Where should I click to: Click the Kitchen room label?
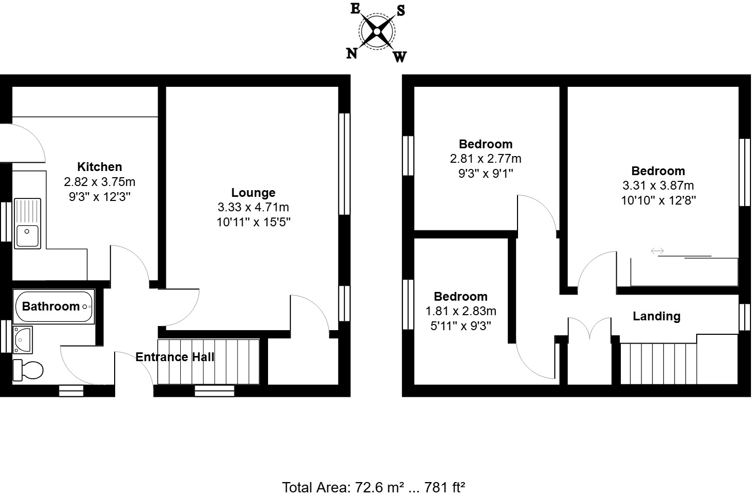pyautogui.click(x=100, y=167)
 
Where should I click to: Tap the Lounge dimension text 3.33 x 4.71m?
pyautogui.click(x=253, y=208)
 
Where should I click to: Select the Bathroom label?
pyautogui.click(x=51, y=306)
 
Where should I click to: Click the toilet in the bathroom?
pyautogui.click(x=29, y=369)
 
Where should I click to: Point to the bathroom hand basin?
pyautogui.click(x=23, y=338)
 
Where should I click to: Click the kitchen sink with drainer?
pyautogui.click(x=28, y=223)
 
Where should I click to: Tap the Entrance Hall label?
pyautogui.click(x=175, y=357)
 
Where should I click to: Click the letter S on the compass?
pyautogui.click(x=401, y=10)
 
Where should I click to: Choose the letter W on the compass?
pyautogui.click(x=400, y=57)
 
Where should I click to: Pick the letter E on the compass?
pyautogui.click(x=355, y=9)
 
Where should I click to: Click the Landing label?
pyautogui.click(x=656, y=316)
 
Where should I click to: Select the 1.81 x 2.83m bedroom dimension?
pyautogui.click(x=461, y=311)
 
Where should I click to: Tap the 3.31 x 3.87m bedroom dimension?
pyautogui.click(x=658, y=185)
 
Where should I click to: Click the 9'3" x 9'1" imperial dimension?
pyautogui.click(x=485, y=174)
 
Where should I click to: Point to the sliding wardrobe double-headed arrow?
pyautogui.click(x=657, y=251)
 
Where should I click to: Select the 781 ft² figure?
pyautogui.click(x=445, y=487)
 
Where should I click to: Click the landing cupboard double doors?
pyautogui.click(x=589, y=329)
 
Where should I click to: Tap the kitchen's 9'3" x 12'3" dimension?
pyautogui.click(x=100, y=197)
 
